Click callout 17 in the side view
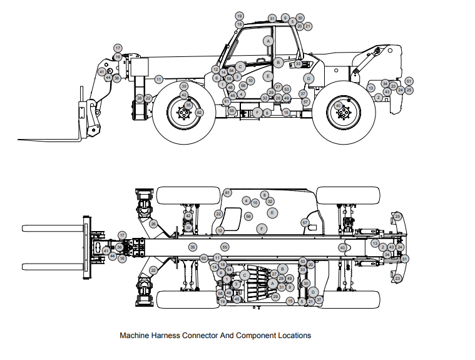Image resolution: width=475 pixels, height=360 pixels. tap(118, 48)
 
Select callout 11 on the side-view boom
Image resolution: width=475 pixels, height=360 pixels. tap(159, 80)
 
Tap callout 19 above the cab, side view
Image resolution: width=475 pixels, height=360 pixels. tap(239, 16)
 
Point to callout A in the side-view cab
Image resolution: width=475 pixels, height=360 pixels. tap(268, 41)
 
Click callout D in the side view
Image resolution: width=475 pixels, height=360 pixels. tap(309, 78)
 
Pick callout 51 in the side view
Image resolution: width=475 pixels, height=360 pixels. tap(409, 81)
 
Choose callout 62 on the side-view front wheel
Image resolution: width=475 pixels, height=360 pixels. tap(199, 113)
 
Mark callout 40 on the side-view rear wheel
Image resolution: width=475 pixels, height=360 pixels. tap(339, 106)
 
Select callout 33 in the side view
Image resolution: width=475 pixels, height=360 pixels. tap(299, 64)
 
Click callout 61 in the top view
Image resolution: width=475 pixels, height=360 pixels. tap(227, 192)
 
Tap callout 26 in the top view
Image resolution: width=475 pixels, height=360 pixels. tap(153, 224)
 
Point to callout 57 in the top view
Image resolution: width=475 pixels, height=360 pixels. tap(305, 222)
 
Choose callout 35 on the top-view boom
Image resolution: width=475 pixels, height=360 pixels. tap(192, 247)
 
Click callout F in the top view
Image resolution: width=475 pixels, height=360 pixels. tap(262, 229)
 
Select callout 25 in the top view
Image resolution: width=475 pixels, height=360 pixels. tap(397, 217)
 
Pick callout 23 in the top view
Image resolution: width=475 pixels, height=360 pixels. tap(398, 278)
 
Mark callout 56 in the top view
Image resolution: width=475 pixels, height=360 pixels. tap(248, 216)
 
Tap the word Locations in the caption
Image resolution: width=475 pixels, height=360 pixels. tap(295, 336)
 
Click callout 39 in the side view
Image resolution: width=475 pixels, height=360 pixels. tap(183, 86)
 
